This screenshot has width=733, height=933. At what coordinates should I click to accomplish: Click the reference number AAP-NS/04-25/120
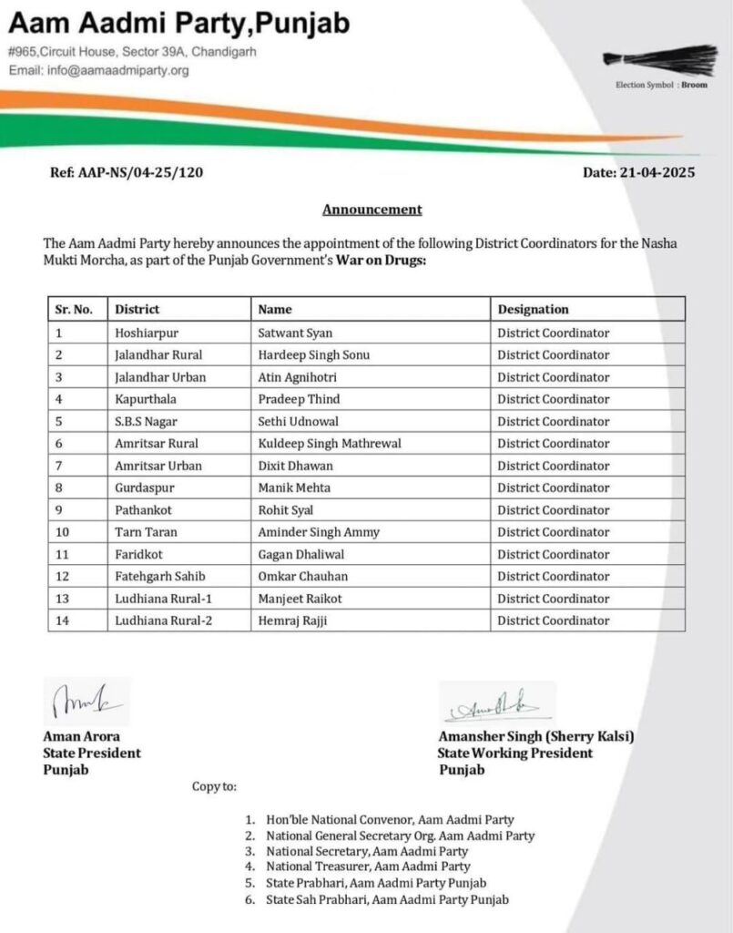[127, 173]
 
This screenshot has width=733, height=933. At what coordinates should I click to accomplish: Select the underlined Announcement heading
[372, 210]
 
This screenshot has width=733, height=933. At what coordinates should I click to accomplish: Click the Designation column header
[533, 310]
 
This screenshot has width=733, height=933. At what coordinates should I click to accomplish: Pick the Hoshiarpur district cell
[147, 333]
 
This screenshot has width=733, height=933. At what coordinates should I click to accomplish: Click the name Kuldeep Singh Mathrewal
[330, 444]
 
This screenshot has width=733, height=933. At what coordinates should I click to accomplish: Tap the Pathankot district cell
[143, 510]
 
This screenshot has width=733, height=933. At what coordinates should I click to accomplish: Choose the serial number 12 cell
[63, 577]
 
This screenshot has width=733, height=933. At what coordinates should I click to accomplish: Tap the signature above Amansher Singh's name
[494, 705]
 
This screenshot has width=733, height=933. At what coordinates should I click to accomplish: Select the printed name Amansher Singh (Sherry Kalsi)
[535, 737]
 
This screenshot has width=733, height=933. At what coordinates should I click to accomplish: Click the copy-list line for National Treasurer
[368, 866]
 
